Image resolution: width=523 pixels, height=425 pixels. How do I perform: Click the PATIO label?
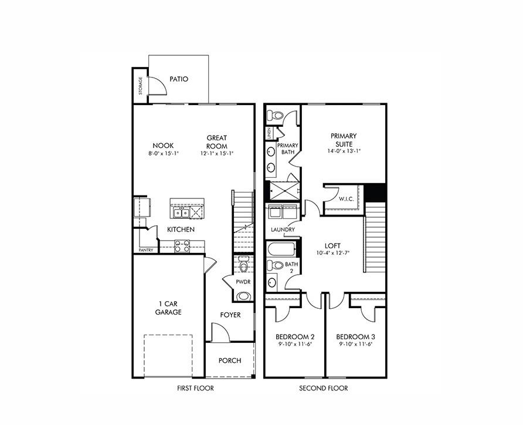[179, 79]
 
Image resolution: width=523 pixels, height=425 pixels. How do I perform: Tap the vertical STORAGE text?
[140, 86]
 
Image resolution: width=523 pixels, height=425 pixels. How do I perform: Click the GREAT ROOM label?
[216, 142]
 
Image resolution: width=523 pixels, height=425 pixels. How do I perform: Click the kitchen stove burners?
[182, 247]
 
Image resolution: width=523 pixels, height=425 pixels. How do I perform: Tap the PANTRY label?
[146, 250]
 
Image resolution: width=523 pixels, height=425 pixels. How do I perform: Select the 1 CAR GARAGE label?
[168, 308]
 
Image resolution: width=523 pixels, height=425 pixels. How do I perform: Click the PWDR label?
[243, 282]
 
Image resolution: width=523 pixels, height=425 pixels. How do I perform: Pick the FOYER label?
[230, 315]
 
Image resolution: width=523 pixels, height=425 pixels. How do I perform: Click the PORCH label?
[229, 360]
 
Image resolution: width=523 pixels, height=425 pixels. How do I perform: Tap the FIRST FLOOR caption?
[195, 389]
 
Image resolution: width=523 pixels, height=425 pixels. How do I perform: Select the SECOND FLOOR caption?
[323, 389]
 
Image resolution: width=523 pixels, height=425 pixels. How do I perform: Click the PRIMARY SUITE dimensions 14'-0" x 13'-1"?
[344, 151]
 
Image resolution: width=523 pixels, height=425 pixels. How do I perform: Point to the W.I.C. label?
[345, 199]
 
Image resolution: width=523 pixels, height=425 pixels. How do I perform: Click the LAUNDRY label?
[283, 230]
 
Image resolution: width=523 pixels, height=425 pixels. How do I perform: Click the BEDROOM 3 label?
[355, 337]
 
